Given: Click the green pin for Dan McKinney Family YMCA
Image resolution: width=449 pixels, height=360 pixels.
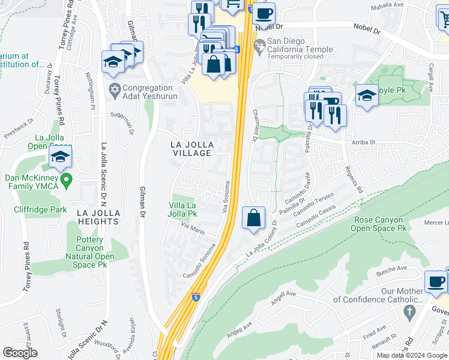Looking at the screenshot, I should (67, 179).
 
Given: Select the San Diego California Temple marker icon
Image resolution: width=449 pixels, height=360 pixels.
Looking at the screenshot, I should (259, 45).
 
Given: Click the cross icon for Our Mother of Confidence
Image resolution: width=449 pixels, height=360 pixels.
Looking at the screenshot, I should (409, 312).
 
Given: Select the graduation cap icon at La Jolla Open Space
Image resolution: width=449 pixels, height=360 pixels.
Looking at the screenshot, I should (60, 157).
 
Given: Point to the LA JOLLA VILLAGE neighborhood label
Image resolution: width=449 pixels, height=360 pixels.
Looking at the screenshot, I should (191, 149).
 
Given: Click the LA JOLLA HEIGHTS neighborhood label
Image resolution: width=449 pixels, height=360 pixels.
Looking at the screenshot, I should (98, 217).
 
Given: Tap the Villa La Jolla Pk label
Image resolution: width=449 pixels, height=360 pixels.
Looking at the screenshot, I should (183, 209).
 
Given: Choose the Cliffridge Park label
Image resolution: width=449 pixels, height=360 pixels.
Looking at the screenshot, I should (41, 209).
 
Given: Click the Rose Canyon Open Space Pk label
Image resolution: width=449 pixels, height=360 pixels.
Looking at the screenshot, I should (379, 224).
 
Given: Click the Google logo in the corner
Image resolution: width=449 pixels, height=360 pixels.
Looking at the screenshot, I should (19, 353).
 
